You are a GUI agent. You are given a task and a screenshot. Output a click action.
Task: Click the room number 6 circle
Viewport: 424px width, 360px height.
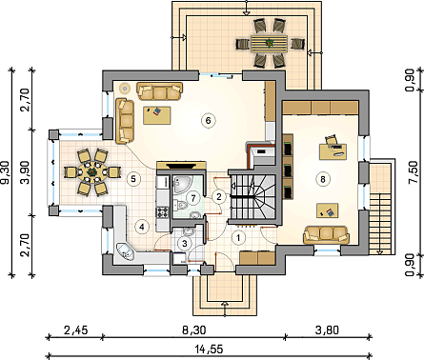[208, 120]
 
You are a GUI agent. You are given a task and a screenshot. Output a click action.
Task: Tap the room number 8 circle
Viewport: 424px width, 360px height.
[322, 179]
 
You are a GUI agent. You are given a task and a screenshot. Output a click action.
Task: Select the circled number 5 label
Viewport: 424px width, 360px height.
[133, 179]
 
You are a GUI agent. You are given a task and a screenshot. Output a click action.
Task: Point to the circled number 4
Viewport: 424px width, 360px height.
[141, 227]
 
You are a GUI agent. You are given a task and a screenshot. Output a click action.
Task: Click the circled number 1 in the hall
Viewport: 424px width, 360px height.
[238, 238]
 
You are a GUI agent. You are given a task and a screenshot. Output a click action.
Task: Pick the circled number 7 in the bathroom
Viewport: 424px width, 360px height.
[192, 198]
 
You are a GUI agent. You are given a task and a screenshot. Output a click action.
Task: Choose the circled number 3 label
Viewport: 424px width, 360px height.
[185, 244]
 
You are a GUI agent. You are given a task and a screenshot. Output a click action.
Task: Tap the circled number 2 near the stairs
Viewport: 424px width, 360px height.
[218, 196]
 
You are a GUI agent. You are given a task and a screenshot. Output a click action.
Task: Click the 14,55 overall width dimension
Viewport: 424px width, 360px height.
[209, 350]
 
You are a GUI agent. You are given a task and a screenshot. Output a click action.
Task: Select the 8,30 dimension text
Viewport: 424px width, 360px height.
[194, 330]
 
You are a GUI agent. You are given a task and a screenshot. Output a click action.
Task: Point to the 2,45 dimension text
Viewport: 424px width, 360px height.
[75, 330]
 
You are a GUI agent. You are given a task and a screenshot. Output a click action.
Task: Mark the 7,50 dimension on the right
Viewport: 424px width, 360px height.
[414, 172]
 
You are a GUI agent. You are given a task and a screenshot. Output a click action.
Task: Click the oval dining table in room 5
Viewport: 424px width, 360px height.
[92, 172]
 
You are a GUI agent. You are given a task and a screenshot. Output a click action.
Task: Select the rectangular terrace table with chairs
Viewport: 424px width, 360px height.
[269, 44]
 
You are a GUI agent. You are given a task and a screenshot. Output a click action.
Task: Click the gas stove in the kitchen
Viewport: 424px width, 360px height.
[162, 212]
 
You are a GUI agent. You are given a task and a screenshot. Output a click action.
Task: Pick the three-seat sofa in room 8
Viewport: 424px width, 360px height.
[326, 235]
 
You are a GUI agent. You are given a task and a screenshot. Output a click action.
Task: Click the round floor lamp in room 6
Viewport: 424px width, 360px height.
[125, 89]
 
